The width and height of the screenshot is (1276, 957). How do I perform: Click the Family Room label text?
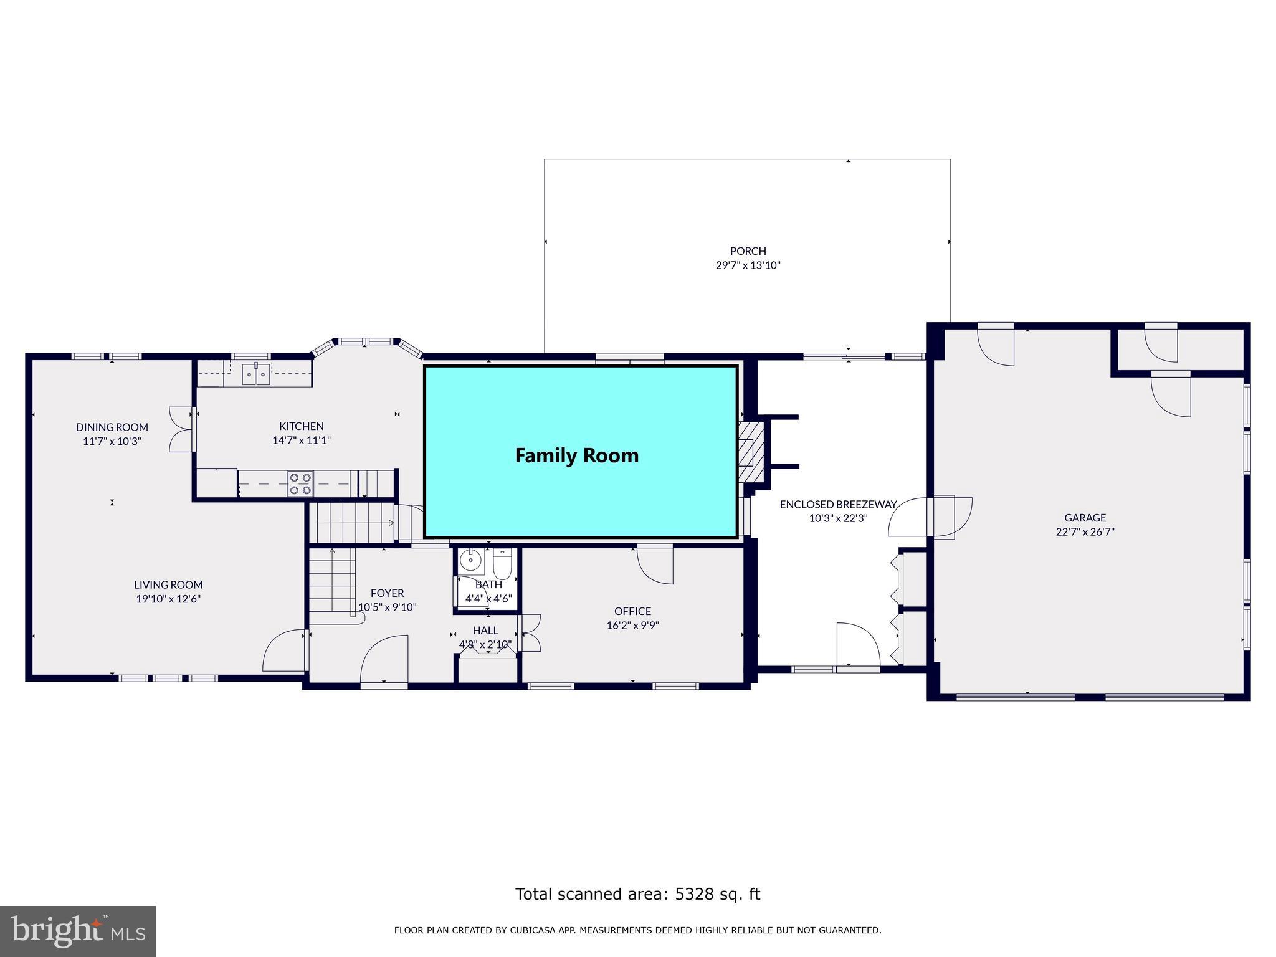(x=576, y=455)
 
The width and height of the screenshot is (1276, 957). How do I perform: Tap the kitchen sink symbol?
(x=255, y=374)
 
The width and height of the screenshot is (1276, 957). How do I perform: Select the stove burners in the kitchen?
(x=300, y=484)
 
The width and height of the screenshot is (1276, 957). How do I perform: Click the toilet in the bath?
(x=502, y=564)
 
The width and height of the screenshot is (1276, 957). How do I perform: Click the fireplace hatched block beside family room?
(x=751, y=451)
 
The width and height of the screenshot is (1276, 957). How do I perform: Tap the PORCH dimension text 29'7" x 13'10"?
(x=748, y=265)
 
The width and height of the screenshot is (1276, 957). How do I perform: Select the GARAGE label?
(x=1085, y=518)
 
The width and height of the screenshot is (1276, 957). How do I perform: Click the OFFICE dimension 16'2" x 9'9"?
(x=632, y=626)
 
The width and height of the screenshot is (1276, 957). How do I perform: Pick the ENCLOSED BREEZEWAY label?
(x=838, y=504)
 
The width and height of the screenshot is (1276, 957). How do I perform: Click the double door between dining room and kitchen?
(x=181, y=429)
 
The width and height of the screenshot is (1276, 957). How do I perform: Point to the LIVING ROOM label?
(x=168, y=584)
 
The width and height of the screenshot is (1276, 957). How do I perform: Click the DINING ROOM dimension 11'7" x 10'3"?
(x=112, y=441)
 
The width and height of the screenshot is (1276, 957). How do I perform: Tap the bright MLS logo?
(x=78, y=931)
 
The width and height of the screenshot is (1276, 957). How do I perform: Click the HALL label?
(x=485, y=631)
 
